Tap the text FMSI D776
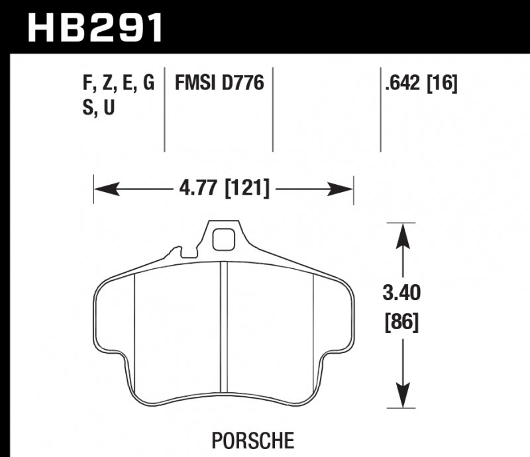click(219, 84)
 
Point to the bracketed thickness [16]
click(444, 84)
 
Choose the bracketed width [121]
click(247, 189)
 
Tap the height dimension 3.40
click(402, 292)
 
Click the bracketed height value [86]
click(402, 323)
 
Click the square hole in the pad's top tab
click(225, 238)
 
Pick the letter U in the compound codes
click(109, 108)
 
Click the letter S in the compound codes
click(87, 108)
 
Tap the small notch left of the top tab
click(177, 252)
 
